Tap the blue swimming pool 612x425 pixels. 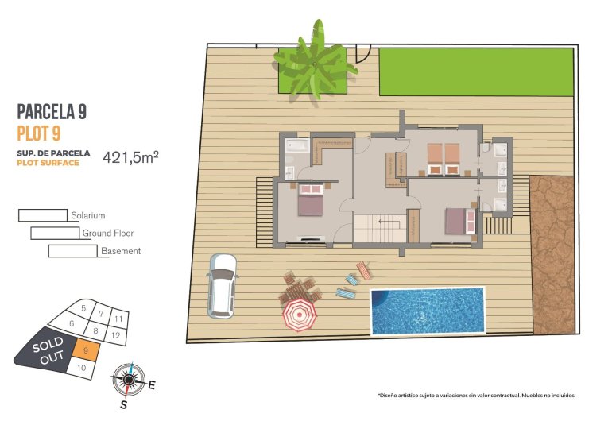[x=428, y=311]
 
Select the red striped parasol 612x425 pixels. [x=300, y=314]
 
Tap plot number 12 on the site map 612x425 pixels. [x=116, y=335]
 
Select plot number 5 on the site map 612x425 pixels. [x=83, y=307]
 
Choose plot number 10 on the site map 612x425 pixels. [x=81, y=368]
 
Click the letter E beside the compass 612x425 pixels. [x=151, y=386]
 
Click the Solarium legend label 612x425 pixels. [x=87, y=215]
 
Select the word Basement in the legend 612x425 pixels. [x=121, y=251]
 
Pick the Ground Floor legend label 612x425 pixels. [x=107, y=234]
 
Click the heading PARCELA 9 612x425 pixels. [x=52, y=112]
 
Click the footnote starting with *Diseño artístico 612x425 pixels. [x=474, y=395]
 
